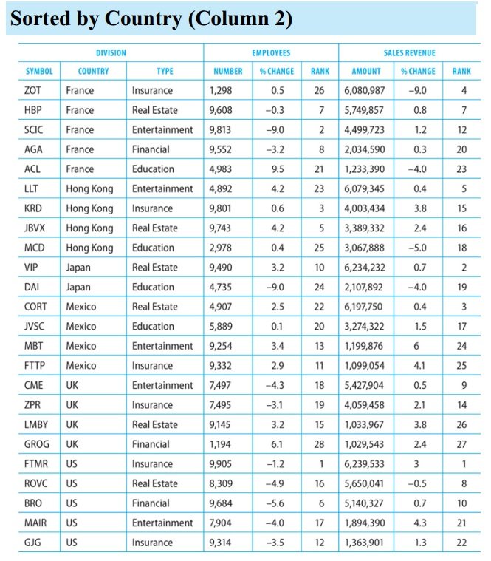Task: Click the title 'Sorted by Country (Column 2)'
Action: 151,20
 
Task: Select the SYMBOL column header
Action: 39,72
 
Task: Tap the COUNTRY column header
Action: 93,72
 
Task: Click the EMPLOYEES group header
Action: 271,53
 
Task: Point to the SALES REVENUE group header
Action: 409,53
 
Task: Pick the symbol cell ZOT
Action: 34,91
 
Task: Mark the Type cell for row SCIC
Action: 162,130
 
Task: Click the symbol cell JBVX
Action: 37,228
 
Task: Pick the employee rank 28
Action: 320,444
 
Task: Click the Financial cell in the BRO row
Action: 151,503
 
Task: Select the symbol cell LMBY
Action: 38,424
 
